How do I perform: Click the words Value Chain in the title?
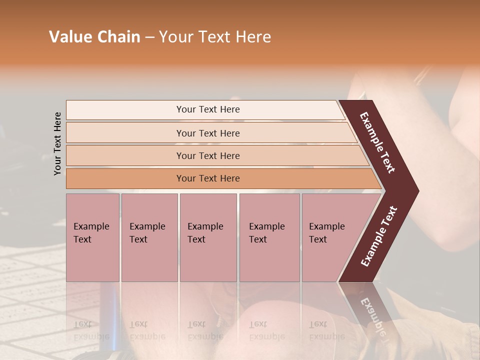coord(94,37)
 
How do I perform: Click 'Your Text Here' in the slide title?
coord(215,37)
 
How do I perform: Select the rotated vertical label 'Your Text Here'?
coord(57,143)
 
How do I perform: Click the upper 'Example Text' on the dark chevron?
coord(377,142)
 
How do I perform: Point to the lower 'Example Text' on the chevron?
coord(379,236)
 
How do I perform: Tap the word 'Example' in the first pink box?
coord(91,226)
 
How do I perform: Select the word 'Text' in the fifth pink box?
coord(318,239)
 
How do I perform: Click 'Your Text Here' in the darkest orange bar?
coord(208,178)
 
